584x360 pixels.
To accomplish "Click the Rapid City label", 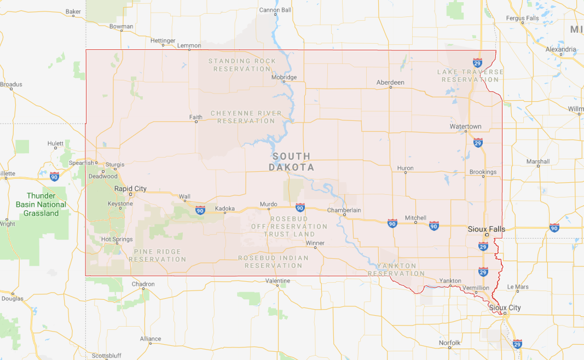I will [130, 189].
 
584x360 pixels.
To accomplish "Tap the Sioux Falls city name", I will [487, 229].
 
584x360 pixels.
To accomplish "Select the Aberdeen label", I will [390, 83].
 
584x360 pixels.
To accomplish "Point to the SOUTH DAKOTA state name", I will [292, 162].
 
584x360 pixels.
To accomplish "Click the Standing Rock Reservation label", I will [242, 65].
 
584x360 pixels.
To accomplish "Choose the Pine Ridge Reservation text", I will [158, 255].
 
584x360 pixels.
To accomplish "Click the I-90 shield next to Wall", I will [200, 210].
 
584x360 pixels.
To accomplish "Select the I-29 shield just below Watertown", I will [478, 143].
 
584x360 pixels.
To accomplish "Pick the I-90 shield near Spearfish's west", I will [54, 176].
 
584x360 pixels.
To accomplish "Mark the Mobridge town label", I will [284, 78].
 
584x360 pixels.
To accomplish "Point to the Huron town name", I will [405, 169].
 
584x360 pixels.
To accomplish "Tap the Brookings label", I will [483, 172].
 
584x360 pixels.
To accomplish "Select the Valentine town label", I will [277, 281].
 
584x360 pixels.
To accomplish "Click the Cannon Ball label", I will [275, 10].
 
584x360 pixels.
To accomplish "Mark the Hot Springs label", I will [117, 240].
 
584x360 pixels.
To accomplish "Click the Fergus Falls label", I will [523, 19].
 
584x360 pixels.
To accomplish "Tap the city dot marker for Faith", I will [196, 121].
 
